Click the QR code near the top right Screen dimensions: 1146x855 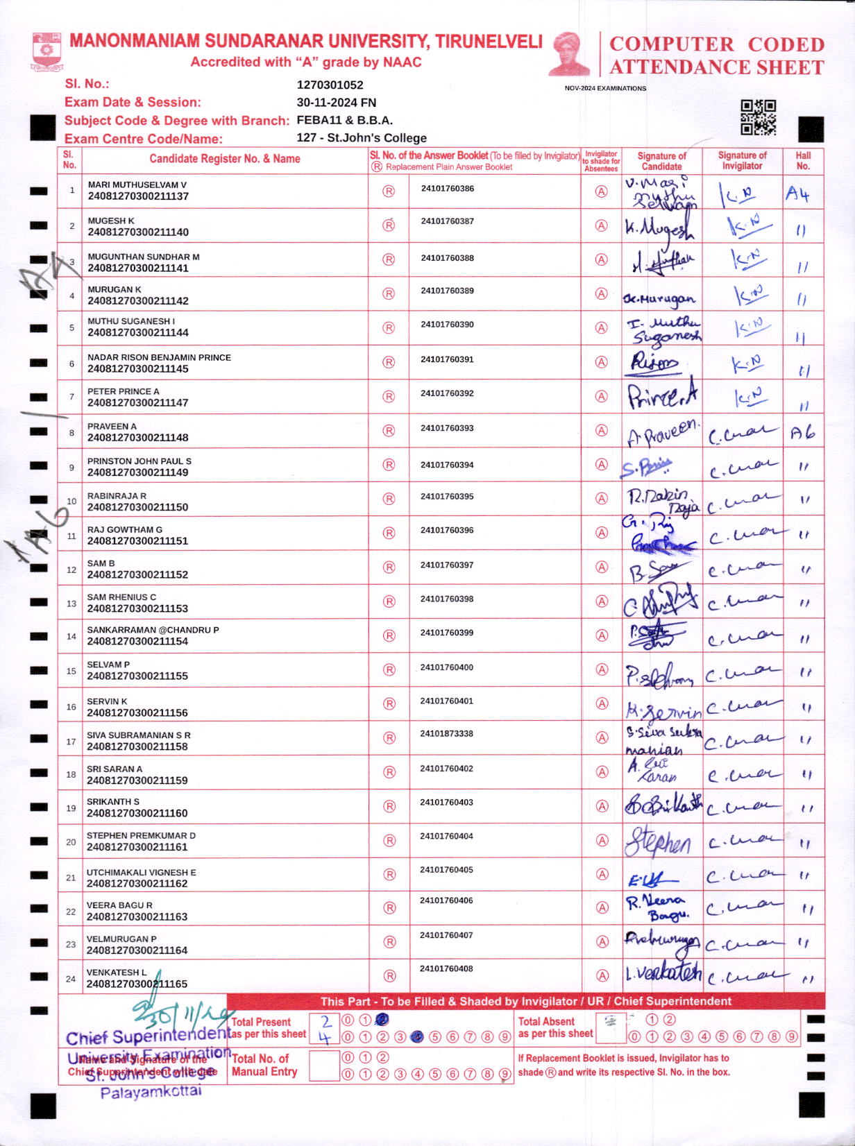pos(758,117)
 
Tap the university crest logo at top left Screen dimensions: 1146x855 pos(46,51)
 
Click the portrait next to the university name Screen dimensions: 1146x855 pos(570,53)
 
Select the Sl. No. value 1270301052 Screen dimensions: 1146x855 pos(330,85)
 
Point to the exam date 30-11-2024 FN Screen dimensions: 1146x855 pos(337,103)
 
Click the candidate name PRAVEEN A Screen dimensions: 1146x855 pos(112,426)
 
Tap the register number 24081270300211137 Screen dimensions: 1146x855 pos(138,196)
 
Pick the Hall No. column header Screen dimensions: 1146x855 pos(803,160)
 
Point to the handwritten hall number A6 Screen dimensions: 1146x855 pos(802,434)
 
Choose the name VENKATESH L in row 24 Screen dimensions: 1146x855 pos(117,972)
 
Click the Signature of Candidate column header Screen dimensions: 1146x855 pos(661,161)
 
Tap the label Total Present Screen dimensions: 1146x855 pos(261,1022)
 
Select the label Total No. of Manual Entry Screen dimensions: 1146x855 pos(264,1065)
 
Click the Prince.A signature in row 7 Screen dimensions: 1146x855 pos(662,396)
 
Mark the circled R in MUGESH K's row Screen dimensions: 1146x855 pos(389,225)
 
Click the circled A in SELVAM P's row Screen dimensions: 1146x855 pos(602,669)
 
